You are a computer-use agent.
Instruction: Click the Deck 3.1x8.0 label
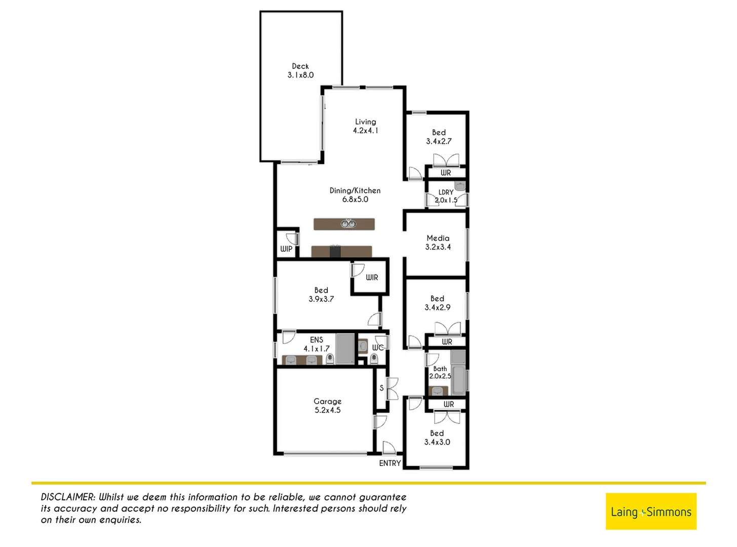tap(300, 70)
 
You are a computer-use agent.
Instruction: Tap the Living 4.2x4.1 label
tap(365, 126)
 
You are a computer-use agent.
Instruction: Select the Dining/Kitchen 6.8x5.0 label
tap(355, 195)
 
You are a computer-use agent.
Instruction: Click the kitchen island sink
tap(347, 224)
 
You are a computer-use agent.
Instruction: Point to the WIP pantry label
tap(286, 249)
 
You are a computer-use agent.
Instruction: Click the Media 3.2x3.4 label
tap(438, 243)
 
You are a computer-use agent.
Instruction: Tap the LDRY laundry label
tap(446, 192)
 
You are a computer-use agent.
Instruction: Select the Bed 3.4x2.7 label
tap(439, 137)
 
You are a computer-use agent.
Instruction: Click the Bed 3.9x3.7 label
tap(321, 295)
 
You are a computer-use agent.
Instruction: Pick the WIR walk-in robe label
tap(372, 278)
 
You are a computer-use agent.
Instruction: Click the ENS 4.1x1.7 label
tap(317, 344)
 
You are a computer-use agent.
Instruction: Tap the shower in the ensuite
tap(345, 348)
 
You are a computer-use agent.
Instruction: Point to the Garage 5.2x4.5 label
tap(327, 406)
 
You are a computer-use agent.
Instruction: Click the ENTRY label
tap(390, 463)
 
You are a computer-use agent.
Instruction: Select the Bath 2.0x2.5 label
tap(440, 372)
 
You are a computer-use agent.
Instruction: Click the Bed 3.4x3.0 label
tap(437, 438)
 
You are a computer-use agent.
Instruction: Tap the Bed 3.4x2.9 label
tap(437, 303)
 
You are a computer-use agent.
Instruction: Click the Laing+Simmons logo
tap(650, 512)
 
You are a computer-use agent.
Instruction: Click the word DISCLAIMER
tap(68, 497)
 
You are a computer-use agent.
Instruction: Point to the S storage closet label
tap(381, 388)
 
